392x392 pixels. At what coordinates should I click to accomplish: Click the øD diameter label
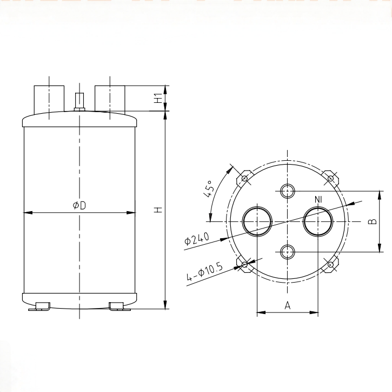coord(79,205)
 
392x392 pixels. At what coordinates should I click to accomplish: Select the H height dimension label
coord(157,209)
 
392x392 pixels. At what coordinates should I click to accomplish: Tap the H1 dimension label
coord(157,99)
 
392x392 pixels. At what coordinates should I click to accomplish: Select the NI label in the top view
coord(318,200)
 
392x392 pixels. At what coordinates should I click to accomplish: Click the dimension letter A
coord(288,306)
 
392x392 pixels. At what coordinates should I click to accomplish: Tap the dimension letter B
coord(372,221)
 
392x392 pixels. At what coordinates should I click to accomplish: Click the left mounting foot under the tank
coord(39,306)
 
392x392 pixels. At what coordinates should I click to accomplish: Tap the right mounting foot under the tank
coord(120,306)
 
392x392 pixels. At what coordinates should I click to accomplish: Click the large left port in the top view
coord(257,221)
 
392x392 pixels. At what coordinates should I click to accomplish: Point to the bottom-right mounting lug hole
coord(330,264)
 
